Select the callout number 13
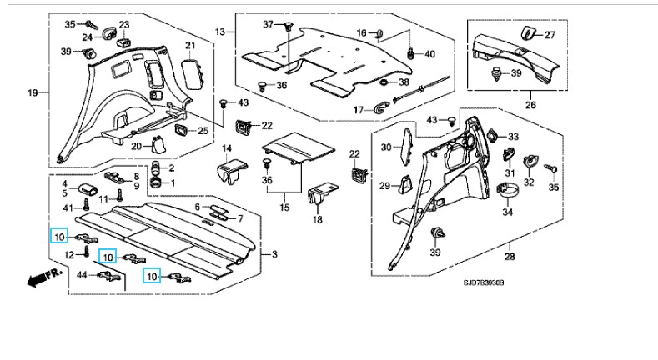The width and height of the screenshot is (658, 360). coord(220,32)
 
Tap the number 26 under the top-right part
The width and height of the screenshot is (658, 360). coord(530,106)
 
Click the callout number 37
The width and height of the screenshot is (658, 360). coord(269,24)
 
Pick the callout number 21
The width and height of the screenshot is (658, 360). coord(189,44)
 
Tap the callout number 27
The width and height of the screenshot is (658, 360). coord(550,35)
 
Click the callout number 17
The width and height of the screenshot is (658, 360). coord(359,110)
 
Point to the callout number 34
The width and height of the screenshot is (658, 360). coord(508,212)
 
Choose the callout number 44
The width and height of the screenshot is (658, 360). coord(81,275)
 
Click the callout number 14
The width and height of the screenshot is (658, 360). coord(228,149)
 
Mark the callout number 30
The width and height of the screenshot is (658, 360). coord(385,147)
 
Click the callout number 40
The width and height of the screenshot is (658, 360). coord(431,54)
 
